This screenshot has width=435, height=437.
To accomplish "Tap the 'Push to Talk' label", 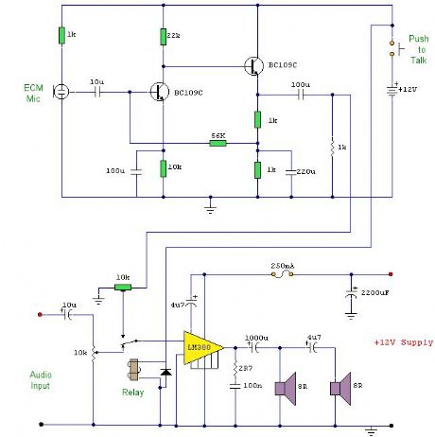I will pyautogui.click(x=418, y=49).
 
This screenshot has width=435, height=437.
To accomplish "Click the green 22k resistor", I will pyautogui.click(x=163, y=36).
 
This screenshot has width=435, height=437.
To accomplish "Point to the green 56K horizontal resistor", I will pyautogui.click(x=217, y=145).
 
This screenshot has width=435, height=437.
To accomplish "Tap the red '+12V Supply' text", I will pyautogui.click(x=402, y=342).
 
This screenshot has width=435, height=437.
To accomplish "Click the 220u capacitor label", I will pyautogui.click(x=305, y=171).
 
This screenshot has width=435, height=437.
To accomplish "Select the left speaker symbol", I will pyautogui.click(x=282, y=387).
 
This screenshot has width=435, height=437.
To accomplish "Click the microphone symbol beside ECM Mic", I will pyautogui.click(x=61, y=93).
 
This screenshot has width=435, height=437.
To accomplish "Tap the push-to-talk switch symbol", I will pyautogui.click(x=391, y=49).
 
